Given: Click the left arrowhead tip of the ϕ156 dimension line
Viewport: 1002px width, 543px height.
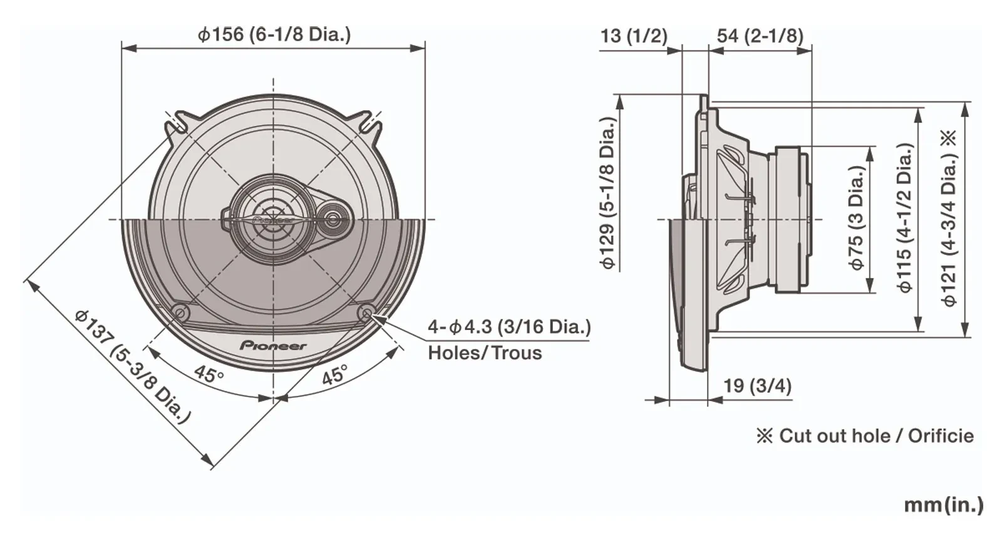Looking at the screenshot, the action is [x=122, y=48].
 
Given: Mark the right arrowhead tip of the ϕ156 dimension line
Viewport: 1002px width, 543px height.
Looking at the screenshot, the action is [x=425, y=48].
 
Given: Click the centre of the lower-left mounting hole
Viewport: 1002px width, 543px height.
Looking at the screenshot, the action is [x=181, y=312].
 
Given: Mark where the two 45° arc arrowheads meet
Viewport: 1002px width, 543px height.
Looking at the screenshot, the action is [x=273, y=397].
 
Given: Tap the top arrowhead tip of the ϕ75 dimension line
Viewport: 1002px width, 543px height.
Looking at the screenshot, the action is [x=870, y=147].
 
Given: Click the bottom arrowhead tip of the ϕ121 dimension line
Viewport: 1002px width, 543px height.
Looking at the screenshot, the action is [x=965, y=336].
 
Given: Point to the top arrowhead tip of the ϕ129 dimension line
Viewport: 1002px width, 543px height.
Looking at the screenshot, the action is [x=619, y=95].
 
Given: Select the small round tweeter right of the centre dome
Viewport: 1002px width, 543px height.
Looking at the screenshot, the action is [x=332, y=219].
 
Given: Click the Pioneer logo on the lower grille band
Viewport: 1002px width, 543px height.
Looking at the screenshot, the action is [x=273, y=346].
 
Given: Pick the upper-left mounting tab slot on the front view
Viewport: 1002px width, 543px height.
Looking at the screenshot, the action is [x=175, y=122].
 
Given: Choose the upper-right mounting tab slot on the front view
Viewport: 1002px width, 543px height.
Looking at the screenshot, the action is [x=371, y=122].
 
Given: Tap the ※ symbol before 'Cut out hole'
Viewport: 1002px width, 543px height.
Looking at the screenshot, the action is [x=765, y=436].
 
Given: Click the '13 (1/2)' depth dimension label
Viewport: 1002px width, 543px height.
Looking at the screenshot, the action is [x=633, y=36].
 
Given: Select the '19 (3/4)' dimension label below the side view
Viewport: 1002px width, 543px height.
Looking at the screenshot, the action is [x=757, y=386].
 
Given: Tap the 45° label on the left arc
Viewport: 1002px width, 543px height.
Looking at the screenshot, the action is [x=209, y=373].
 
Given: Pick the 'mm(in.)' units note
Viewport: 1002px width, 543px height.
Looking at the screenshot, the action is [x=943, y=505].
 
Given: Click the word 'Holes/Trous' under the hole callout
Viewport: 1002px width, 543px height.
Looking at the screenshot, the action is [x=485, y=353].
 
